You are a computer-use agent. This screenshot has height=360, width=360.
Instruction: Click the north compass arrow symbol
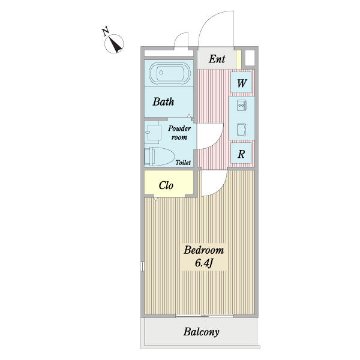[x=114, y=44]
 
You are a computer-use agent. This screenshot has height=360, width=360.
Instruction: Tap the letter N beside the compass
[x=106, y=31]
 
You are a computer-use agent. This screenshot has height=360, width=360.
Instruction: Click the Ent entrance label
[x=217, y=59]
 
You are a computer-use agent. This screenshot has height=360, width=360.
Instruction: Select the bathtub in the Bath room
[x=170, y=73]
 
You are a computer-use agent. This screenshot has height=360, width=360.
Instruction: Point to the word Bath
[x=163, y=102]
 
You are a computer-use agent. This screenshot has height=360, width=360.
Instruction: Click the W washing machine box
[x=241, y=83]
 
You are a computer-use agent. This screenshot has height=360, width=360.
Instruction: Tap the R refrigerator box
[x=241, y=154]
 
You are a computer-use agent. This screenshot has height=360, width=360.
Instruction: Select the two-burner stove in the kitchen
[x=242, y=106]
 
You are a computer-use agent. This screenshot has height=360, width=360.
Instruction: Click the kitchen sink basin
[x=242, y=130]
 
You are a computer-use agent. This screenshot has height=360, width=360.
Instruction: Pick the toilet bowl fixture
[x=160, y=157]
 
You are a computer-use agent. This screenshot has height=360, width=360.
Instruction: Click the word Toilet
[x=183, y=163]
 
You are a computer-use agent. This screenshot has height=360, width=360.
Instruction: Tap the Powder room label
[x=179, y=133]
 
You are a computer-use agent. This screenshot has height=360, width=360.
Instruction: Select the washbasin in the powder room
[x=152, y=132]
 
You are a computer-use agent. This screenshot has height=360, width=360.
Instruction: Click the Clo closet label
[x=166, y=185]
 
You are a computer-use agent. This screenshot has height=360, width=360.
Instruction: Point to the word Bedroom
[x=203, y=250]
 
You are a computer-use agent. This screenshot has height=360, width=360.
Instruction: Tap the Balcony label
[x=201, y=332]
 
